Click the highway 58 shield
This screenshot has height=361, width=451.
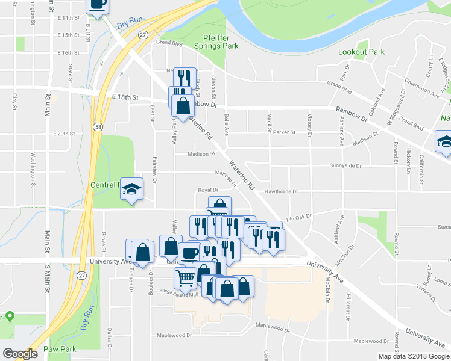pyautogui.click(x=97, y=126)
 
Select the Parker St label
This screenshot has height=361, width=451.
pyautogui.click(x=284, y=132)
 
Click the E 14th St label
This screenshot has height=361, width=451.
pyautogui.click(x=69, y=18)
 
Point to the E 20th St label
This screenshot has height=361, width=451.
pyautogui.click(x=63, y=134)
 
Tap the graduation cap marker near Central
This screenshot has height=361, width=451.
pyautogui.click(x=131, y=190)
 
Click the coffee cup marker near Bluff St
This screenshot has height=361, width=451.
pyautogui.click(x=98, y=5)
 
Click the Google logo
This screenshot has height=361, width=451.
pyautogui.click(x=20, y=354)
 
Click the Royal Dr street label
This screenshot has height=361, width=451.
pyautogui.click(x=207, y=190)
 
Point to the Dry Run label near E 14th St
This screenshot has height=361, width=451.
pyautogui.click(x=128, y=25)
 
